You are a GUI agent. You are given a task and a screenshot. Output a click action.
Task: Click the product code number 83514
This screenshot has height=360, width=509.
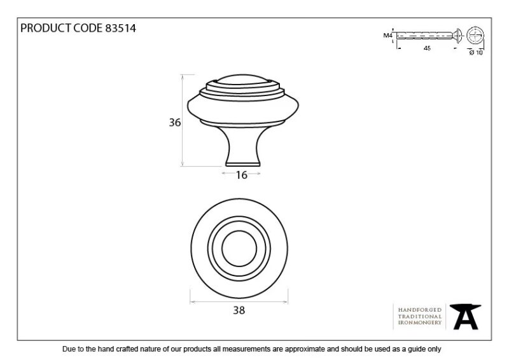coord(120,28)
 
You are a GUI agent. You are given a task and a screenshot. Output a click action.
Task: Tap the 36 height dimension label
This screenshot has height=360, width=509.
coord(174,122)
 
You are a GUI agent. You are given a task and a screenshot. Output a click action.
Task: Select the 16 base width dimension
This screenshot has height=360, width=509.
coord(242,175)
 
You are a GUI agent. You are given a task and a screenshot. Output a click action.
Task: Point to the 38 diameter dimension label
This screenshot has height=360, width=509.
coord(239,310)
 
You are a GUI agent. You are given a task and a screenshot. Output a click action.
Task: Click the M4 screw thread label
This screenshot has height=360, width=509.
coord(387,36)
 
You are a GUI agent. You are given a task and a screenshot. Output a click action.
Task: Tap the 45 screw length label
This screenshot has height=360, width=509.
coord(427,48)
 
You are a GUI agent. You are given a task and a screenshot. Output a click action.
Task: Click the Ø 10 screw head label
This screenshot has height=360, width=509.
coord(476,52)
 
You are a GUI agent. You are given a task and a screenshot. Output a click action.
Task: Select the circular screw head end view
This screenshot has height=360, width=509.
coord(475,36)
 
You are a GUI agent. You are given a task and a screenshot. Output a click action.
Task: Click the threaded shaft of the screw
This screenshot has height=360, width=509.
coord(424,36)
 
